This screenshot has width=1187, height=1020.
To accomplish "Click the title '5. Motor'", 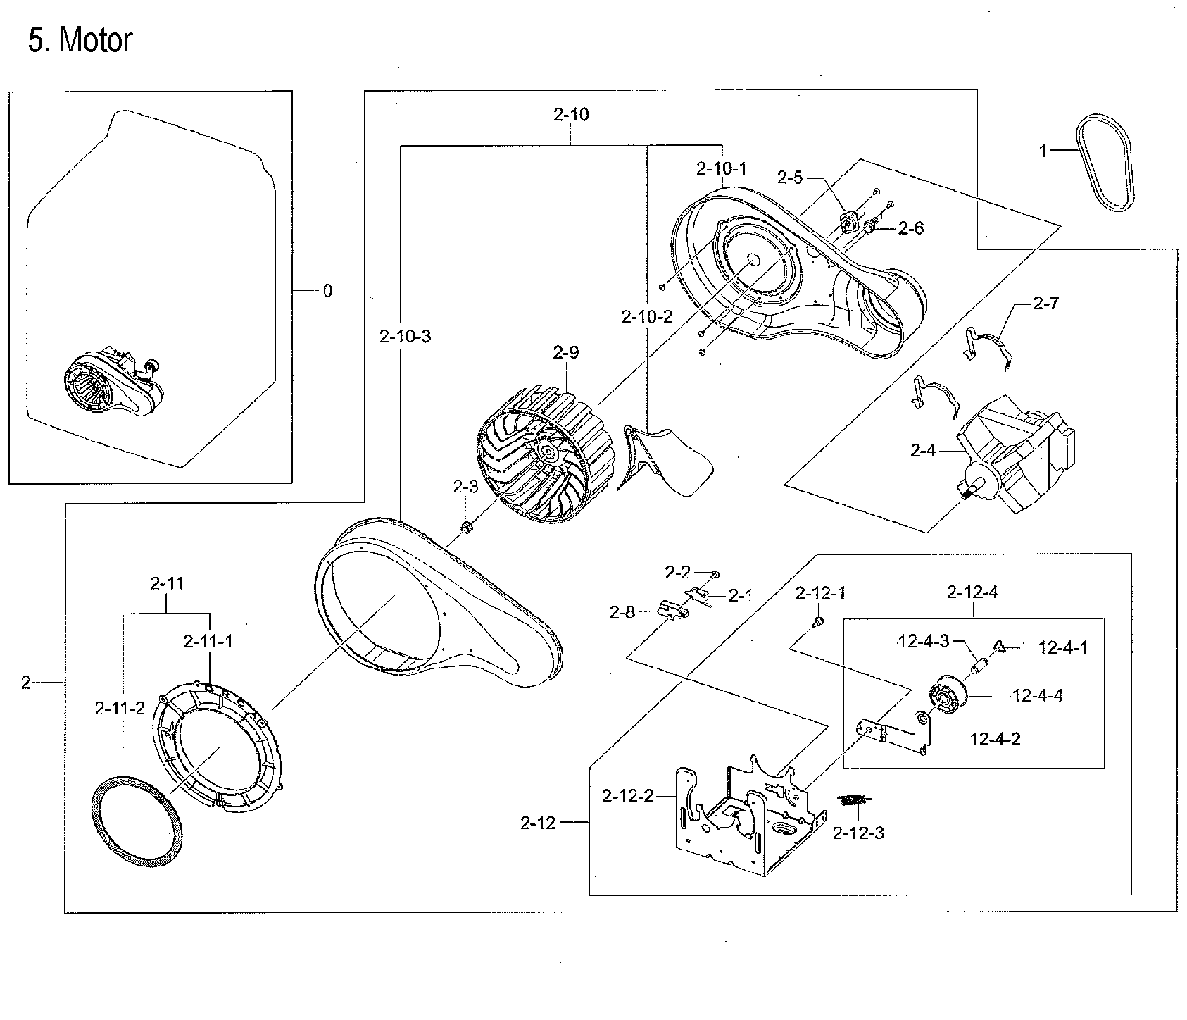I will click(x=80, y=40).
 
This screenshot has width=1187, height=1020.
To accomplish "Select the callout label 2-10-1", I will click(x=721, y=168).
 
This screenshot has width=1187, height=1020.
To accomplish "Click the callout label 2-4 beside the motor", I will click(x=924, y=450).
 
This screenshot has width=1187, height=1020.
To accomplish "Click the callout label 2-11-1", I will click(x=208, y=641).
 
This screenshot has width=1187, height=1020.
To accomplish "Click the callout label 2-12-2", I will click(x=627, y=795).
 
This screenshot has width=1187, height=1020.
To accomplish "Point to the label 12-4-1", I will click(x=1062, y=647).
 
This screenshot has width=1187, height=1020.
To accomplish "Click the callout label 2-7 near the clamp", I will click(x=1045, y=304).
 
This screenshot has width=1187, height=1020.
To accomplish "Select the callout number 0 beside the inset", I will click(x=327, y=290).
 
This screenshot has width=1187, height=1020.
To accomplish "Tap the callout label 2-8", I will click(x=622, y=612).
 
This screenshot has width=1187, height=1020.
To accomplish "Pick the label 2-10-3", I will click(x=405, y=336).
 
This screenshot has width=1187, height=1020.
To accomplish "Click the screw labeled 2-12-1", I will click(x=817, y=621).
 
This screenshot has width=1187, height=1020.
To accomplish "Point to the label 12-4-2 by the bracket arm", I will click(x=996, y=739).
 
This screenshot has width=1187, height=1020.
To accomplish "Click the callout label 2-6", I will click(x=910, y=228).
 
